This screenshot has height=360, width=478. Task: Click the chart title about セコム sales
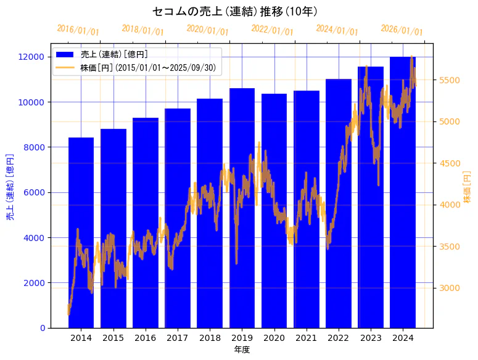click(x=235, y=11)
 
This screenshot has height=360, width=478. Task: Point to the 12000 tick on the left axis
click(x=32, y=57)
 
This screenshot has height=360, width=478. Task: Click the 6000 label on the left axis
click(x=35, y=192)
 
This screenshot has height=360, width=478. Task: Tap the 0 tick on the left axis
click(x=42, y=328)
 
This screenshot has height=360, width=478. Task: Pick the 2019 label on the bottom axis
click(x=242, y=338)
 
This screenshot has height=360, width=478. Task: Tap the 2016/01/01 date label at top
click(x=78, y=30)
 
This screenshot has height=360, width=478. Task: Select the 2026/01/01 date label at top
click(x=402, y=30)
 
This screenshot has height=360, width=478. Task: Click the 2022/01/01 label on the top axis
click(x=272, y=30)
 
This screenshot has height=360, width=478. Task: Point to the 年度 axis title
click(x=242, y=350)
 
